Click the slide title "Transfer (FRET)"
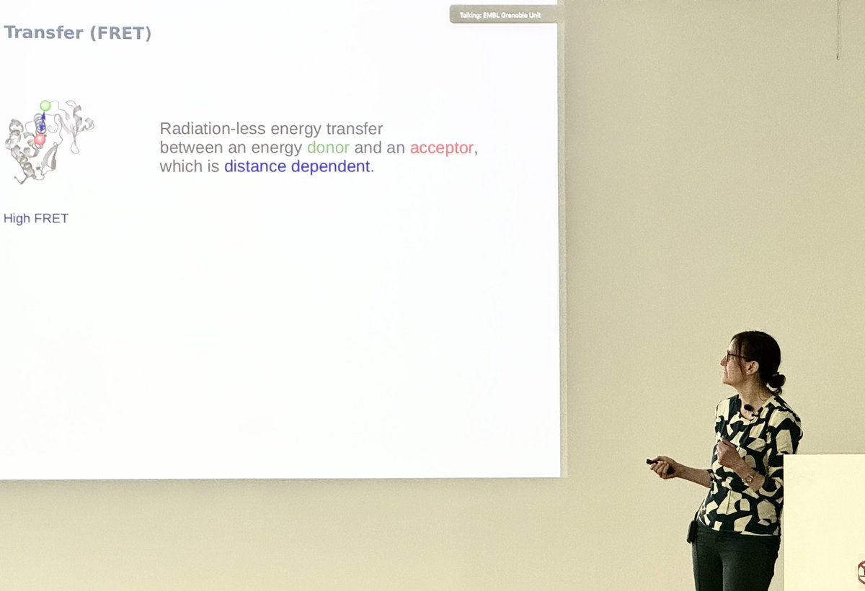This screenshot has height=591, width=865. coord(78,32)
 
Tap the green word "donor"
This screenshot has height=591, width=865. coord(328,148)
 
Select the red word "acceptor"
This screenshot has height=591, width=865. coord(443,148)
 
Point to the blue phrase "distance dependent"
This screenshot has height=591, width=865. coord(297,166)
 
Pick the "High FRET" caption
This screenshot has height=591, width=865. coord(36,218)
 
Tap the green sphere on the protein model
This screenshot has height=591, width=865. coord(45,106)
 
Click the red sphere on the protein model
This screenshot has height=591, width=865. coord(40,140)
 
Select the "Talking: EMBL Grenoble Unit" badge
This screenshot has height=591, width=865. coord(504,14)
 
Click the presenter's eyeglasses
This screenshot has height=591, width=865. coord(734,356)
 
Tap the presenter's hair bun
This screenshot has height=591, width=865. coord(776,379)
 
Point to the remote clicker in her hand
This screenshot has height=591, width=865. coord(657,463)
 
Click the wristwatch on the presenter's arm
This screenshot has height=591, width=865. coord(750,476)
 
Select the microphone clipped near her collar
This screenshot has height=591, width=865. coord(749,409)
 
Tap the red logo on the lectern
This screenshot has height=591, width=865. coord(861,572)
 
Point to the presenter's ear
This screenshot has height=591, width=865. coord(750,361)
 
